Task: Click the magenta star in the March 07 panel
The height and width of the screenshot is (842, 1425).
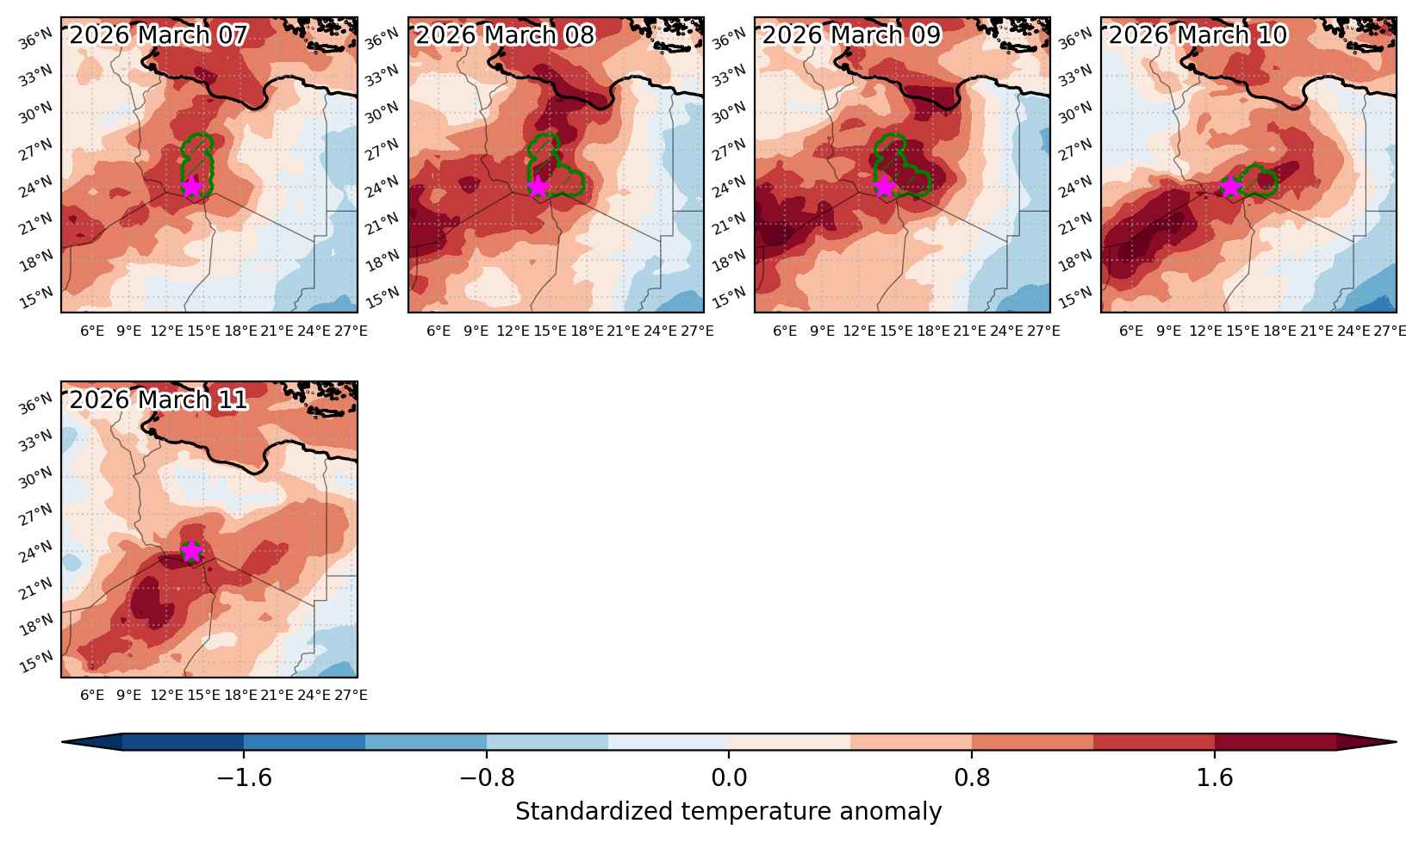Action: tap(191, 187)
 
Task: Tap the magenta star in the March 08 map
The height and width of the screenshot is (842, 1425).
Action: tap(538, 187)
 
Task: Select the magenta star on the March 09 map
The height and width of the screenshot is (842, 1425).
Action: tap(884, 187)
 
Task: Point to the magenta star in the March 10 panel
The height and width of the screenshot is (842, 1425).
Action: tap(1231, 187)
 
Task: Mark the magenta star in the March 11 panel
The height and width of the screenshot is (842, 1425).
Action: tap(191, 551)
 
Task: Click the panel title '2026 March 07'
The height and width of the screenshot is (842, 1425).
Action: tap(159, 35)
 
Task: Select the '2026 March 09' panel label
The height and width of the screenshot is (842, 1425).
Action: tap(851, 35)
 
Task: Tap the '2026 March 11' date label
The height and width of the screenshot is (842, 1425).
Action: tap(159, 399)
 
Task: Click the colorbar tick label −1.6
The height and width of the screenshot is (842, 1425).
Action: tap(245, 777)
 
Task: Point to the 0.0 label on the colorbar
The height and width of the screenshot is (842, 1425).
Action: tap(729, 777)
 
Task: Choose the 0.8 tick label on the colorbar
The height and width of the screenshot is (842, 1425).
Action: tap(972, 777)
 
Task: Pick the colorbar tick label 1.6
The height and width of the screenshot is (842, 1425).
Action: tap(1215, 777)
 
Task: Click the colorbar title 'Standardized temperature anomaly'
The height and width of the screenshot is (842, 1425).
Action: tap(728, 812)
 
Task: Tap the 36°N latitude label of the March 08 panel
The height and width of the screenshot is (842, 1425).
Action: tap(382, 39)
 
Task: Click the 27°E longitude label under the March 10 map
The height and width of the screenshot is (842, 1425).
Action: tap(1390, 331)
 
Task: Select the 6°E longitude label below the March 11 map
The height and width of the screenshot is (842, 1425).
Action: tap(92, 695)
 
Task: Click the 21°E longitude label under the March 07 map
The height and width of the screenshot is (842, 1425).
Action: tap(277, 331)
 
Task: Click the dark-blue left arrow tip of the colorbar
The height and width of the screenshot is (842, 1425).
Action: tap(63, 741)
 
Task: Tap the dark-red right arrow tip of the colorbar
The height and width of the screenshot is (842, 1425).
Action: tap(1396, 741)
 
